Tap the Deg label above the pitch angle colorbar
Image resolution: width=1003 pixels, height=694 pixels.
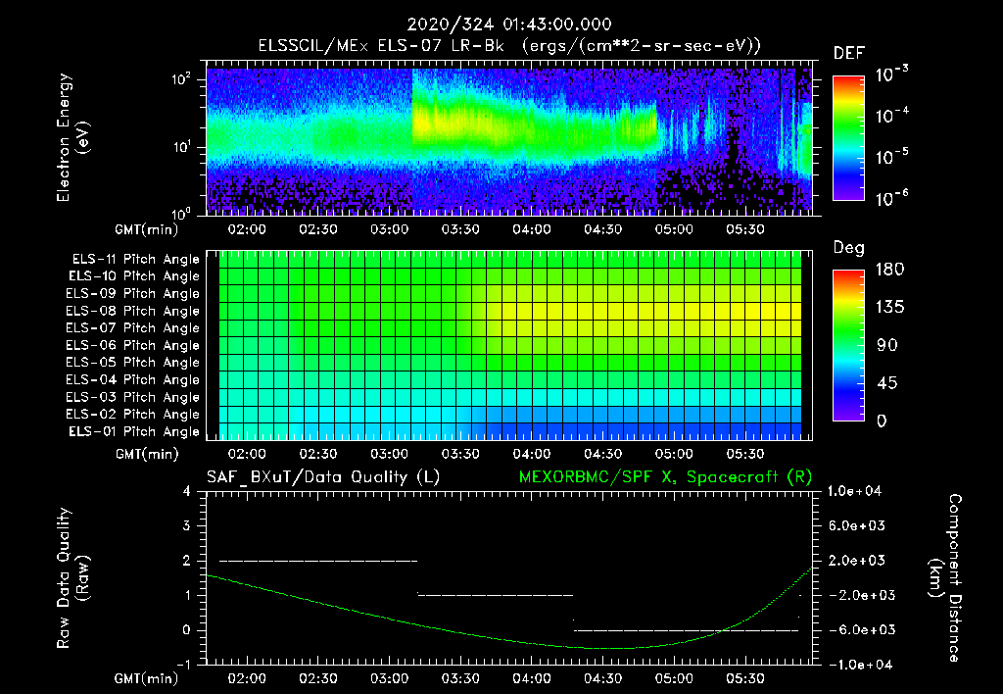(x=848, y=247)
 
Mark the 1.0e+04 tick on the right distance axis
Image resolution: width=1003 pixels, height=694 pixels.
(x=857, y=491)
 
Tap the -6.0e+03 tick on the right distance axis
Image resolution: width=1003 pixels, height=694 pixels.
(x=857, y=629)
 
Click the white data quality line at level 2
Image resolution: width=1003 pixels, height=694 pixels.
(x=318, y=561)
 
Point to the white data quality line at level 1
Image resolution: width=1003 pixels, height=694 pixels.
(x=495, y=595)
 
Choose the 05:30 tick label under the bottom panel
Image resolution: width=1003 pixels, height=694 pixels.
(x=745, y=678)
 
